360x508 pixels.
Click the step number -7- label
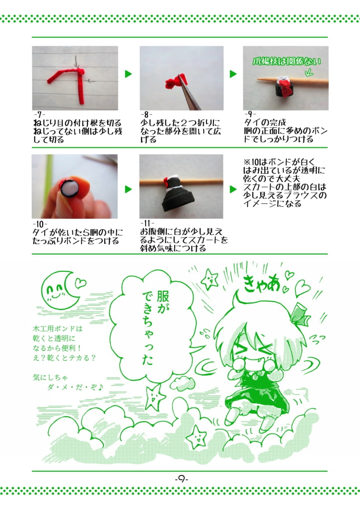[38, 114]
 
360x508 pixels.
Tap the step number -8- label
[146, 114]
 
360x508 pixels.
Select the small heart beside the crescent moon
[79, 283]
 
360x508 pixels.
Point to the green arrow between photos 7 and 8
[129, 74]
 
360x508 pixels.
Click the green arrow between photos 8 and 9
[233, 74]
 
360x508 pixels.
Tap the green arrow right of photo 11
[233, 190]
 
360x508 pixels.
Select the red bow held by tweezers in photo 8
[175, 81]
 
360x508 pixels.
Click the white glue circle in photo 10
[69, 189]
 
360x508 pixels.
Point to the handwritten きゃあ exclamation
[261, 284]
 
